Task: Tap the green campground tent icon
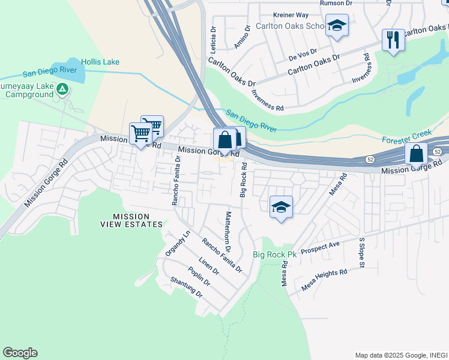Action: [62, 90]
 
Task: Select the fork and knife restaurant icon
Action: [393, 40]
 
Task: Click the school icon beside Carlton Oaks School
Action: [337, 26]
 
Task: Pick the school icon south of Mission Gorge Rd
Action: [281, 207]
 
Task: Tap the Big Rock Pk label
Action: [274, 254]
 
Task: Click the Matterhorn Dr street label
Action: [228, 231]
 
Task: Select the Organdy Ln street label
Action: [179, 244]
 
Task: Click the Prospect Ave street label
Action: [321, 247]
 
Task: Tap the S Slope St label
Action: [362, 252]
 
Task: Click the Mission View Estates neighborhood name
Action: [137, 220]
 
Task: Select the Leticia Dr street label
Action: [212, 38]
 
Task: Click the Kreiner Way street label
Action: [290, 14]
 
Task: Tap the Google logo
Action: [20, 353]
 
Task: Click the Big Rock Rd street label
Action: [243, 179]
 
